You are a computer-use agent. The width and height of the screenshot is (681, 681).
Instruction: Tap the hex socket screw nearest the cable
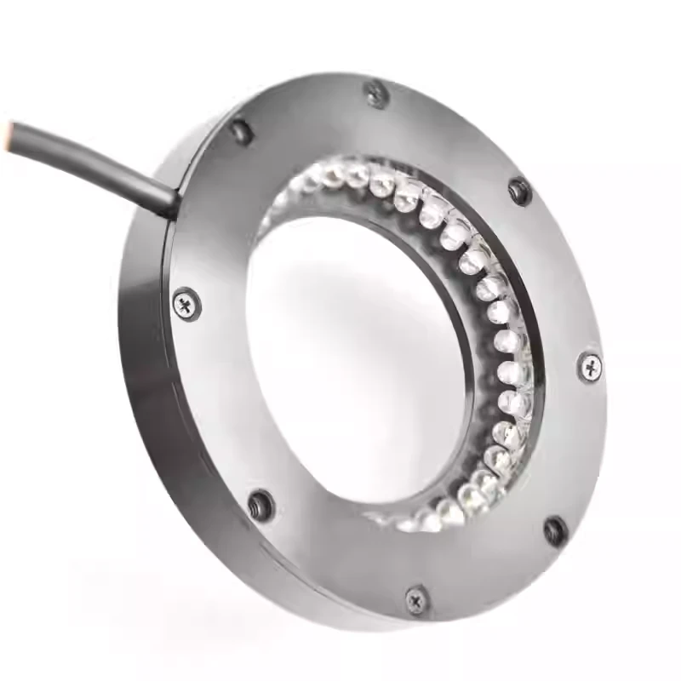242,130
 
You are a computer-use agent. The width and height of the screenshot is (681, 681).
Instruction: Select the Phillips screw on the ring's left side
185,302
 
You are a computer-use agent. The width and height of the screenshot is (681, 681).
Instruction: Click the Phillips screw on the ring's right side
591,367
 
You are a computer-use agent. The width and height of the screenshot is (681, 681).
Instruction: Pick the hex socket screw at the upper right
519,190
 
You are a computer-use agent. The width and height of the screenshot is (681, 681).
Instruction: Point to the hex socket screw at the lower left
260,504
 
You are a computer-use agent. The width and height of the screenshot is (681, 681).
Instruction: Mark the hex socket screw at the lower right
555,531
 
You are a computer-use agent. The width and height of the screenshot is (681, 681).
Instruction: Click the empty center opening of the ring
358,358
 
